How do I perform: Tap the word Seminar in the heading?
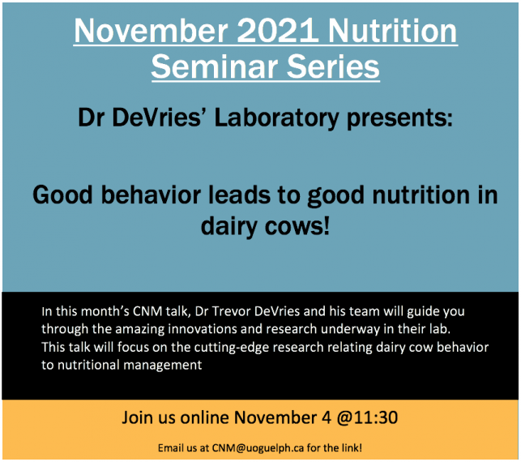click(214, 66)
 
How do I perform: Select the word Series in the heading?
click(333, 66)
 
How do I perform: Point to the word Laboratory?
click(276, 119)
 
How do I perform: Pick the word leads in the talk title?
click(239, 195)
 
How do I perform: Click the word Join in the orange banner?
click(136, 417)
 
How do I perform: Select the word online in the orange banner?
click(204, 417)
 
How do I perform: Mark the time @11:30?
click(367, 417)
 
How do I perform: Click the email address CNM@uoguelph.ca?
click(258, 448)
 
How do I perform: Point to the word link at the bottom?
click(351, 448)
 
